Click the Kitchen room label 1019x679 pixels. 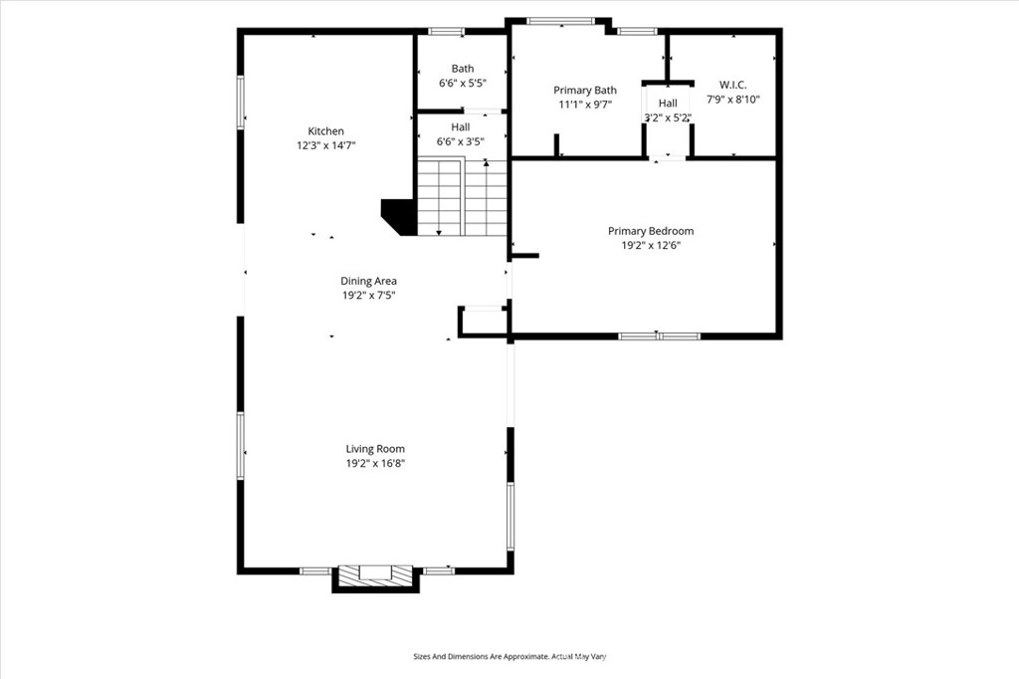[325, 131]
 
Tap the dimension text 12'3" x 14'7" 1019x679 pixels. [326, 145]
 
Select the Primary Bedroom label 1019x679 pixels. [651, 231]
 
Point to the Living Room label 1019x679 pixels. [375, 449]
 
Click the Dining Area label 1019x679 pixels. [368, 281]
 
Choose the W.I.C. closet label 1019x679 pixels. [733, 85]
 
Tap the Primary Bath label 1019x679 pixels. [585, 91]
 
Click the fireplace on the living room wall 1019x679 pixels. [375, 577]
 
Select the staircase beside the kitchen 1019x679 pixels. [462, 196]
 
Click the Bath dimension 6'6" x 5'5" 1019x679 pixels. [463, 83]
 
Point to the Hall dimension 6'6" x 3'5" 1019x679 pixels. [460, 141]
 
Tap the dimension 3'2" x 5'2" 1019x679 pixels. [668, 117]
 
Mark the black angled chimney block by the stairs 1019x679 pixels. [398, 217]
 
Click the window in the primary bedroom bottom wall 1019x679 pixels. [659, 337]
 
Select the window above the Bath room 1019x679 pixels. [447, 31]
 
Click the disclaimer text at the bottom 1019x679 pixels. [509, 656]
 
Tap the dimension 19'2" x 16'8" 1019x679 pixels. [375, 464]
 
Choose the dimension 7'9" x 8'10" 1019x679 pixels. [733, 100]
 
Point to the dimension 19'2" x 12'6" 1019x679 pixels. [651, 245]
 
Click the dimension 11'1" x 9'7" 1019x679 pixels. [585, 105]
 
